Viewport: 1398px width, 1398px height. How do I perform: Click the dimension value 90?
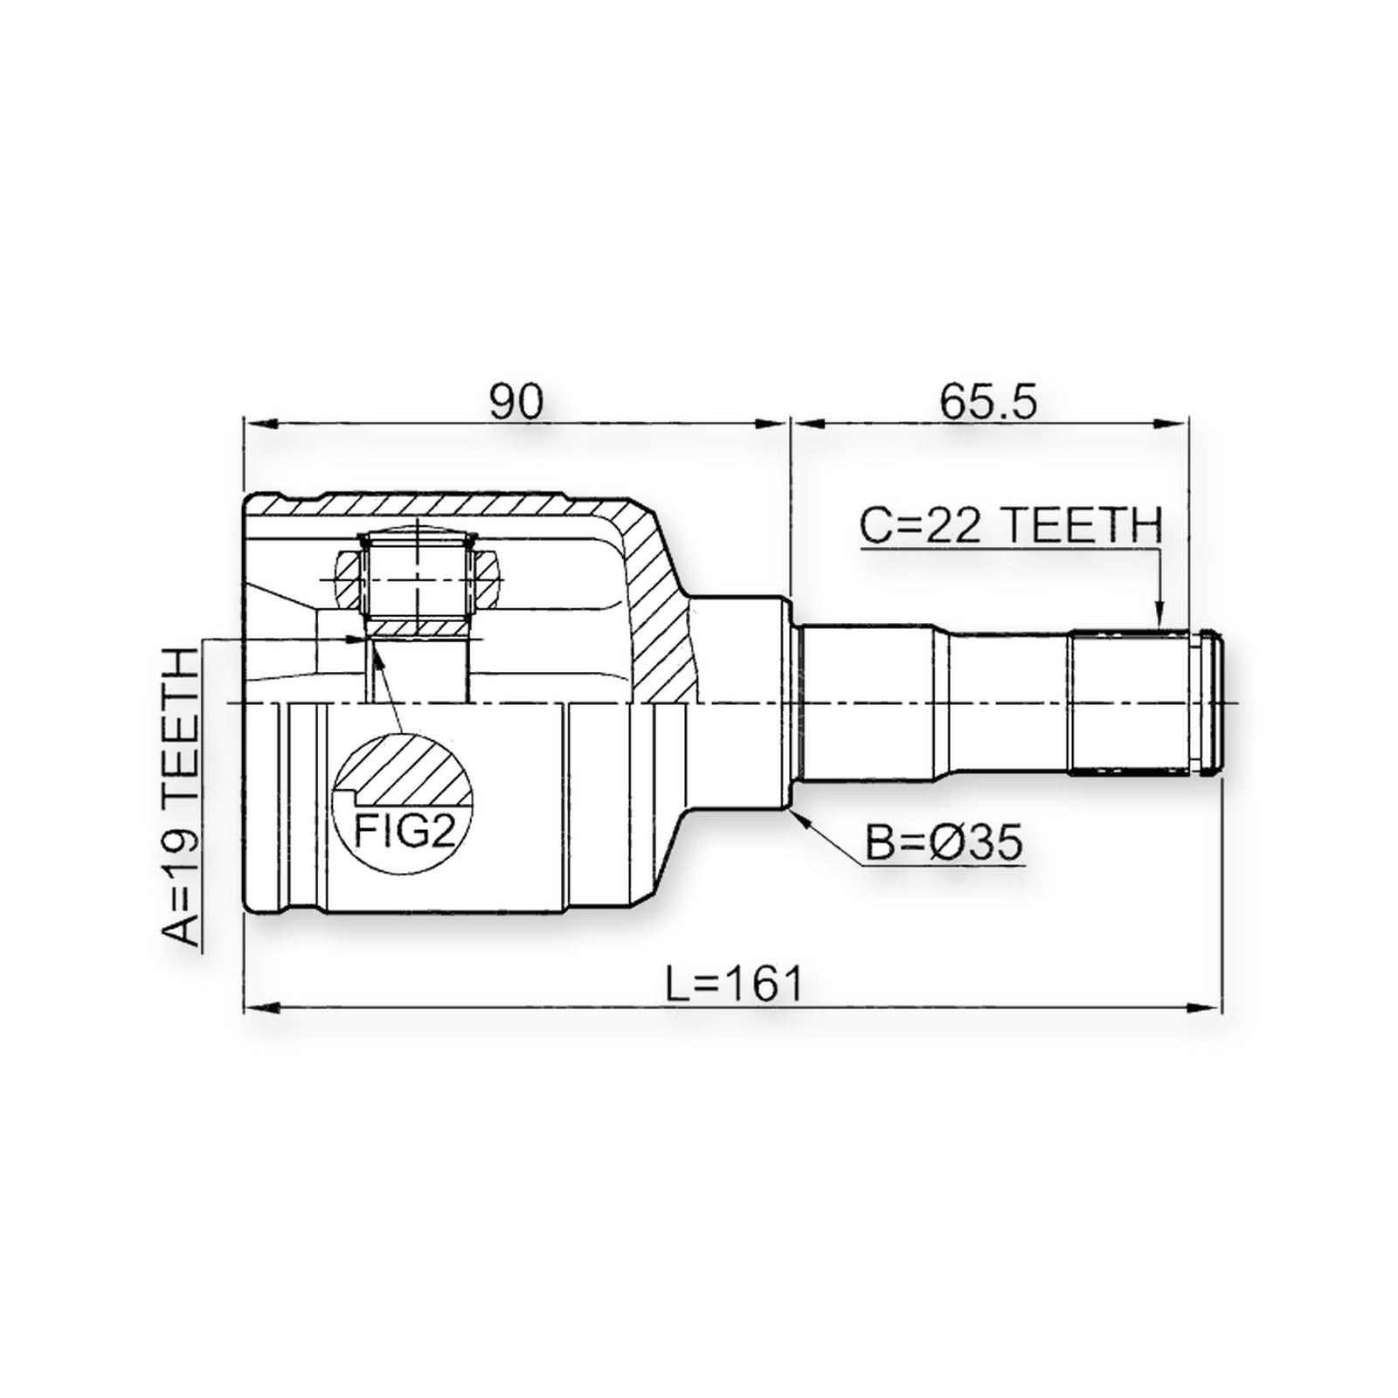(x=516, y=401)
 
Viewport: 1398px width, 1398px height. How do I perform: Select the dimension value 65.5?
(x=988, y=401)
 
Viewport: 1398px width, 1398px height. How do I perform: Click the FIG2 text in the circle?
(x=405, y=831)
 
